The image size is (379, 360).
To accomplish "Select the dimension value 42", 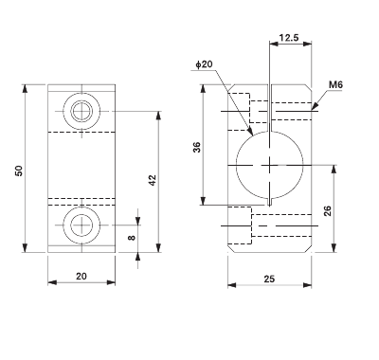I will tap(152, 179).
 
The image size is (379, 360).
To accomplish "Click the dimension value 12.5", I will tap(291, 39).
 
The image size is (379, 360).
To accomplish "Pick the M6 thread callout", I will tap(334, 85).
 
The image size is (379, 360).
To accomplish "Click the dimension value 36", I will tap(196, 147).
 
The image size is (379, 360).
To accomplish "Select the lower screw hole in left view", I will tap(81, 225).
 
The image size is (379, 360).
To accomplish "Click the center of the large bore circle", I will tap(271, 166).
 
